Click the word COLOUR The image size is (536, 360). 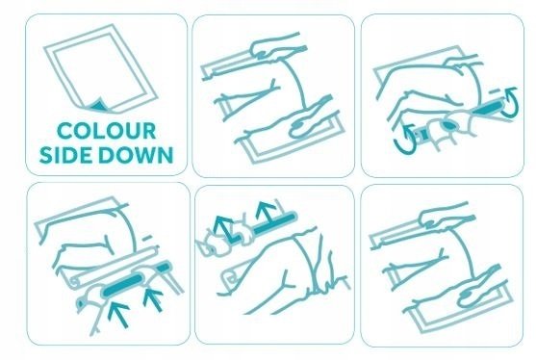point(106,131)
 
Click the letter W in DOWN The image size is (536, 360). point(140,155)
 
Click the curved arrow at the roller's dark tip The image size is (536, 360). point(511,101)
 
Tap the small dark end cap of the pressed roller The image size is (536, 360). point(164,266)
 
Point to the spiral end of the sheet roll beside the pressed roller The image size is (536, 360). point(75,281)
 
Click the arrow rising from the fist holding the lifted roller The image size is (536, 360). point(223,228)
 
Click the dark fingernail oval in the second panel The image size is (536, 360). point(297,129)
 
